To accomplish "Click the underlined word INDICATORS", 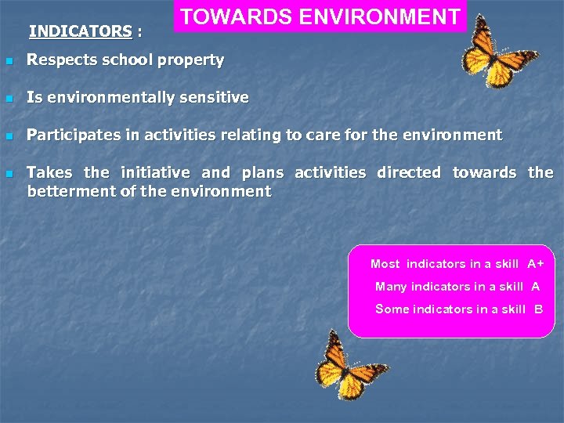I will [x=80, y=31].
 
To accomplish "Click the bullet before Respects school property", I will [x=8, y=60].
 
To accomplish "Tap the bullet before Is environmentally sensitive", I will [x=8, y=99].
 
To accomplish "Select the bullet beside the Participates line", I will [x=8, y=136].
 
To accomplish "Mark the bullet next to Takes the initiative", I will [x=8, y=173].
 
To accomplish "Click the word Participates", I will [x=74, y=135].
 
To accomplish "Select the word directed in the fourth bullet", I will [x=408, y=172].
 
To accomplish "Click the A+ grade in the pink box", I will [x=536, y=264].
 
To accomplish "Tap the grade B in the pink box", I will [x=538, y=309].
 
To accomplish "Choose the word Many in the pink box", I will [x=391, y=287].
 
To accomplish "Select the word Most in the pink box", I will [x=385, y=264].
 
